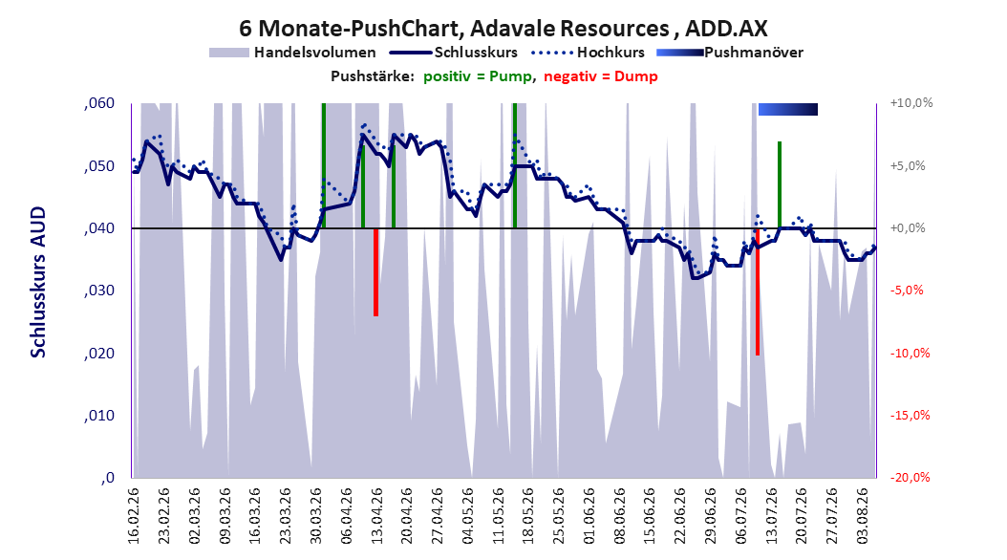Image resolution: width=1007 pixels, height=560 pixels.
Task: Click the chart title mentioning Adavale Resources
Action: click(x=503, y=29)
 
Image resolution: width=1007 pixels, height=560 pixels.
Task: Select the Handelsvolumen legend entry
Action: click(x=292, y=53)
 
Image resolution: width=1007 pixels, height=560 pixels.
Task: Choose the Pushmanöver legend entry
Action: click(x=730, y=53)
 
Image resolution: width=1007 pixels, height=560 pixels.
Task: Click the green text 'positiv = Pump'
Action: click(x=477, y=76)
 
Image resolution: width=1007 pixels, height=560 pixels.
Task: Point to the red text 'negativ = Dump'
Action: click(x=601, y=76)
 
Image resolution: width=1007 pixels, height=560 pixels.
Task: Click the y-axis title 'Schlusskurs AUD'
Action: click(x=38, y=282)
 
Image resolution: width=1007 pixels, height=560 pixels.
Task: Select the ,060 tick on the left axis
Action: click(x=99, y=103)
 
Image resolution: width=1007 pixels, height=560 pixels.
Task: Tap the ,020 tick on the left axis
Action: click(x=99, y=354)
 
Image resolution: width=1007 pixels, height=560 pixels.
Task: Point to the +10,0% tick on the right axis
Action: click(x=911, y=103)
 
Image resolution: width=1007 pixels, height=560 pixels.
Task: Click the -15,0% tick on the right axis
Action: click(x=910, y=416)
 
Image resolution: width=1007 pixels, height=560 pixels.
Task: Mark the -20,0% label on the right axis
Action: click(x=910, y=478)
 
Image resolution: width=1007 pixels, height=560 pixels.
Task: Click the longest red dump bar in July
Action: click(x=758, y=291)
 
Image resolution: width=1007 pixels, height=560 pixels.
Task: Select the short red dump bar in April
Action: click(x=375, y=272)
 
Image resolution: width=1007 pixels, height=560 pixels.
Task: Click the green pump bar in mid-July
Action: click(x=780, y=185)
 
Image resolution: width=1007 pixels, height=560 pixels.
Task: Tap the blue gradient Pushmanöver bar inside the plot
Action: click(x=788, y=109)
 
